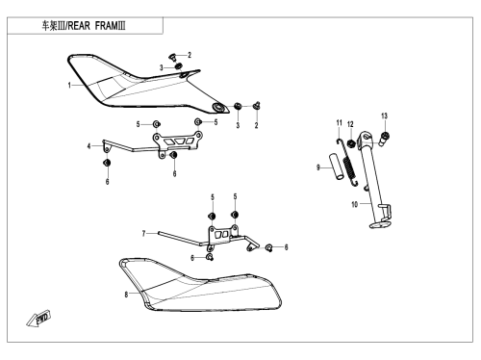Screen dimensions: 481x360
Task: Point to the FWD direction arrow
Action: (x=38, y=319)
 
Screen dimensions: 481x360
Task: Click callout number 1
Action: (x=69, y=86)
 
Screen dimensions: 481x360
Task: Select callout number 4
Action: (x=89, y=146)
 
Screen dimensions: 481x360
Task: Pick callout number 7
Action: (x=144, y=234)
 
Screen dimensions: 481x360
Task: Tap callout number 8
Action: (x=126, y=295)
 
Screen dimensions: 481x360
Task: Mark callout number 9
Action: (x=318, y=167)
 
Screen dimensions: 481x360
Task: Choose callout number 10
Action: (x=354, y=204)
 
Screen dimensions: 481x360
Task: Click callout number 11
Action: (x=340, y=123)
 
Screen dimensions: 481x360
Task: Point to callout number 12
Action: (x=350, y=124)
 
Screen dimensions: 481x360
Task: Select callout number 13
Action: (x=385, y=116)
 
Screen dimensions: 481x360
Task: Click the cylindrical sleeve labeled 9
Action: (x=336, y=166)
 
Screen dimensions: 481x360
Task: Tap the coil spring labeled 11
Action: (x=347, y=162)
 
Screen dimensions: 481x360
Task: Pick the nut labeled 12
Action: (x=351, y=143)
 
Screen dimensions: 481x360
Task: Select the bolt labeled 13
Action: (x=385, y=139)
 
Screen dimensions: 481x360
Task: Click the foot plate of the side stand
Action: (x=380, y=224)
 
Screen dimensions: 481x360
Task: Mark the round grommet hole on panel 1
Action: (x=219, y=108)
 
